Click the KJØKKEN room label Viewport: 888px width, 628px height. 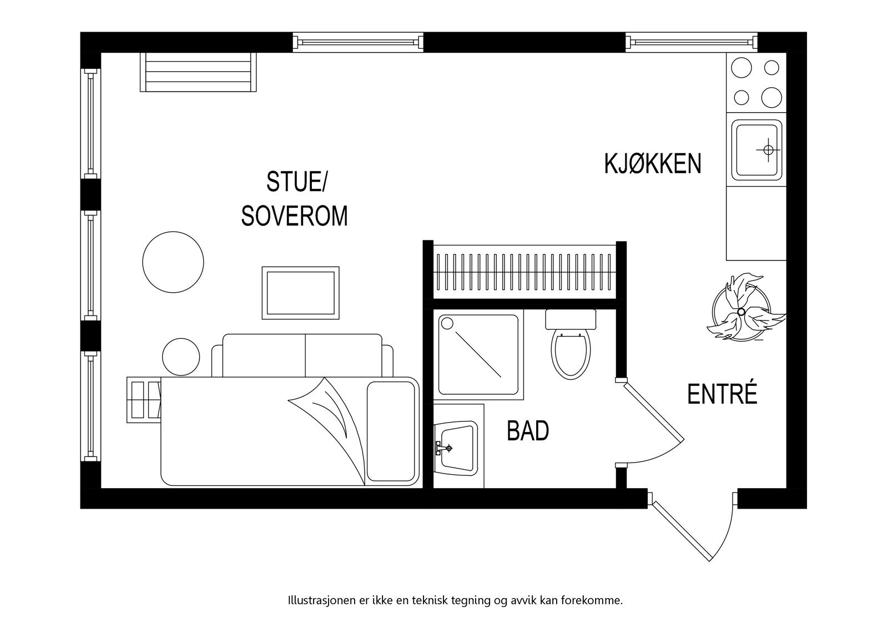point(653,164)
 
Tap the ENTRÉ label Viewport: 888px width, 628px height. point(722,394)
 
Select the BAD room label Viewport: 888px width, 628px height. point(528,431)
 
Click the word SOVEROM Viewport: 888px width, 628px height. point(294,217)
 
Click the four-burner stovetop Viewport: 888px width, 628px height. point(756,83)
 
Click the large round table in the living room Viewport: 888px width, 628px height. point(173,261)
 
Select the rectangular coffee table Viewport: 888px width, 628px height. point(300,293)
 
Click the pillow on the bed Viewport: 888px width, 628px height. point(392,431)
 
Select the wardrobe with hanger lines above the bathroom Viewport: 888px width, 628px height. point(524,272)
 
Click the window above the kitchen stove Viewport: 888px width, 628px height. point(692,42)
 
